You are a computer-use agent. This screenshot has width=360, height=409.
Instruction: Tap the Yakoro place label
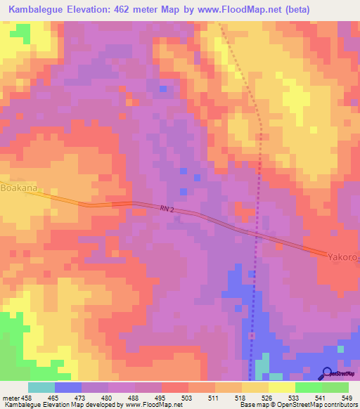[342, 257]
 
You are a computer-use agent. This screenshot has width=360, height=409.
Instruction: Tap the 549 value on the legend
[347, 397]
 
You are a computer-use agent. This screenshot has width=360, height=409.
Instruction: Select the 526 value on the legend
[267, 397]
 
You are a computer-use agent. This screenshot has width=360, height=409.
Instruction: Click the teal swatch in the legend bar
[41, 387]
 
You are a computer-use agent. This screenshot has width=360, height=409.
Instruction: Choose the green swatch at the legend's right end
[335, 387]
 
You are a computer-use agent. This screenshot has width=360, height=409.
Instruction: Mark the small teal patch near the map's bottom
[262, 367]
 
